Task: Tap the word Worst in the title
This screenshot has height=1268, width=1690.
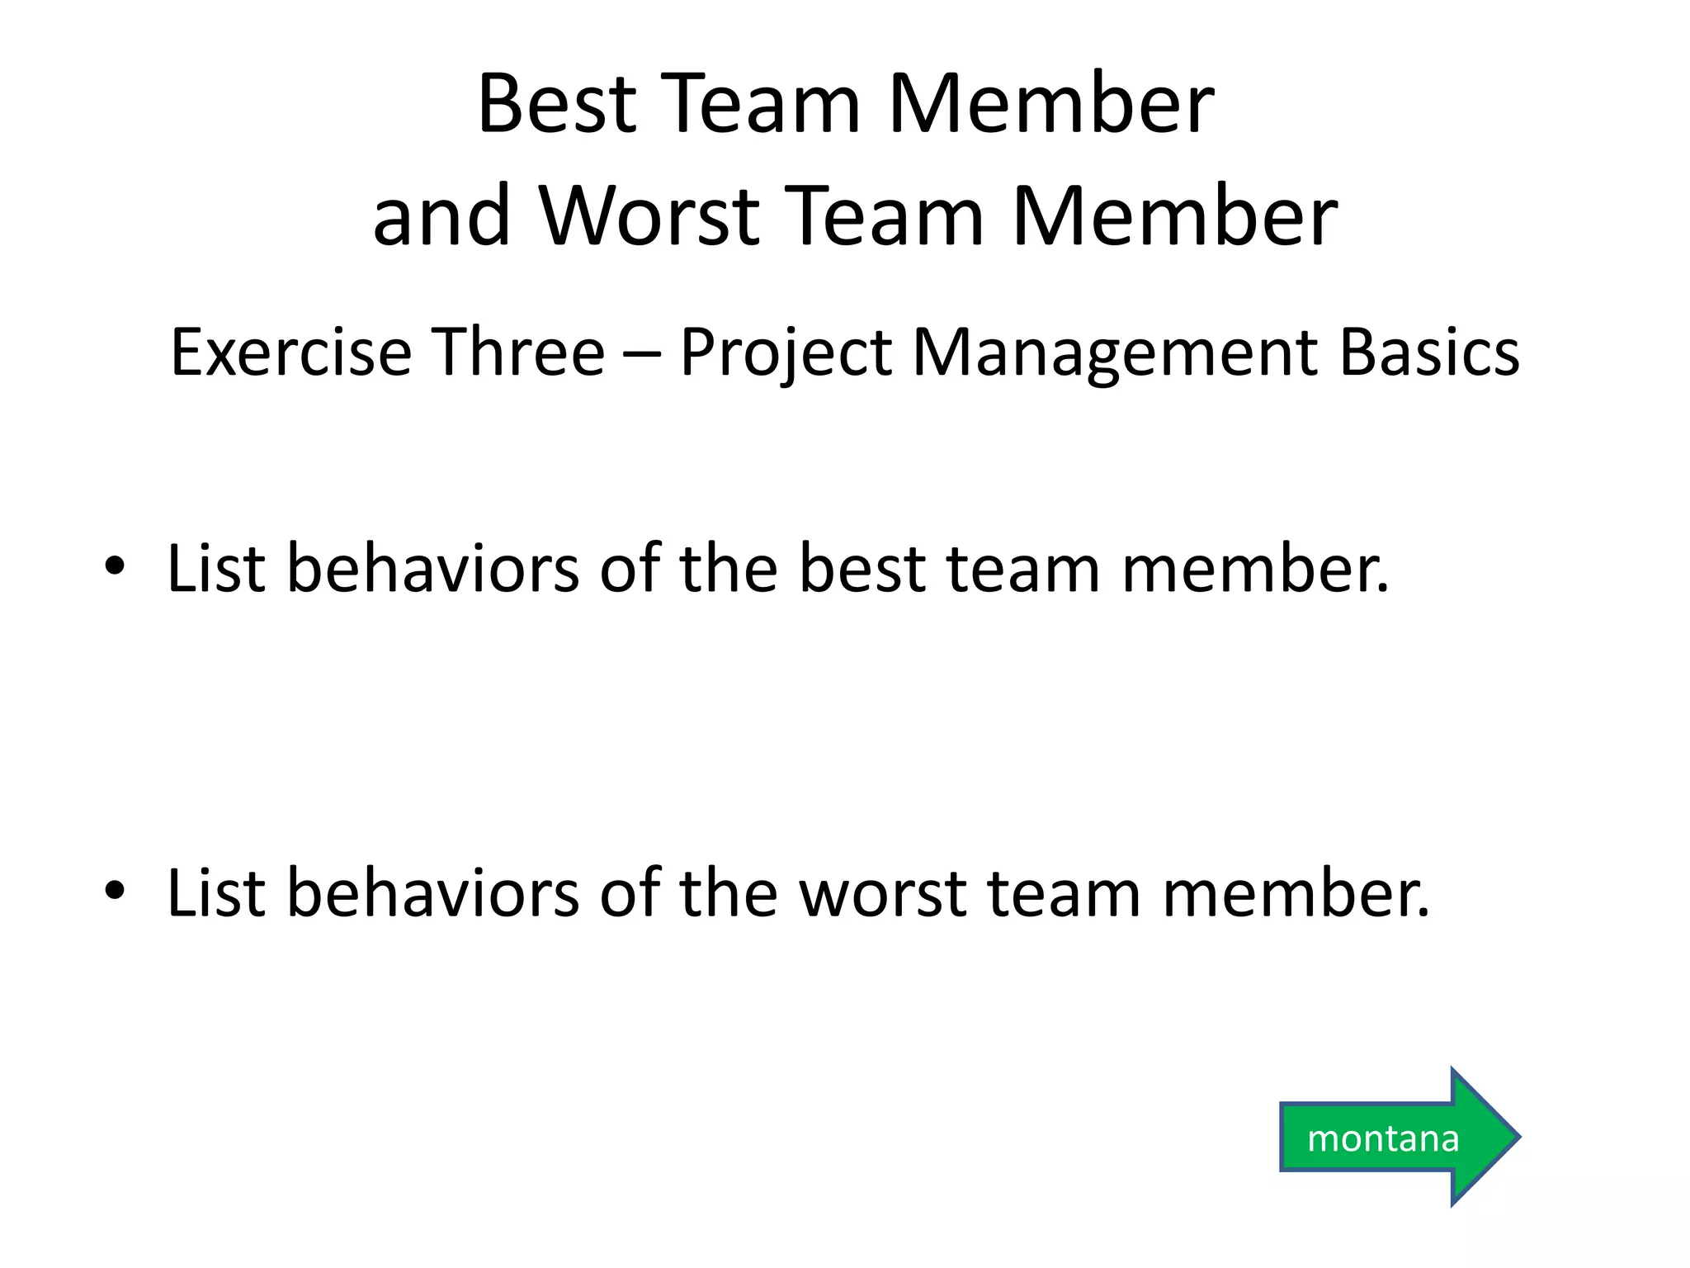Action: click(x=649, y=217)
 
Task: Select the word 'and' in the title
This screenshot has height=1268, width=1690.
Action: click(x=441, y=217)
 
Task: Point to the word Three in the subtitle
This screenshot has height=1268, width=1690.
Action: click(x=519, y=352)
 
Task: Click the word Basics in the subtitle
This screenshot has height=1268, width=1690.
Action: click(x=1428, y=352)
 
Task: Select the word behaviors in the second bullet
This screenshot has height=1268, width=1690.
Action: click(x=432, y=893)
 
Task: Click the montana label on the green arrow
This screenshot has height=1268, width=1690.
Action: click(x=1383, y=1139)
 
